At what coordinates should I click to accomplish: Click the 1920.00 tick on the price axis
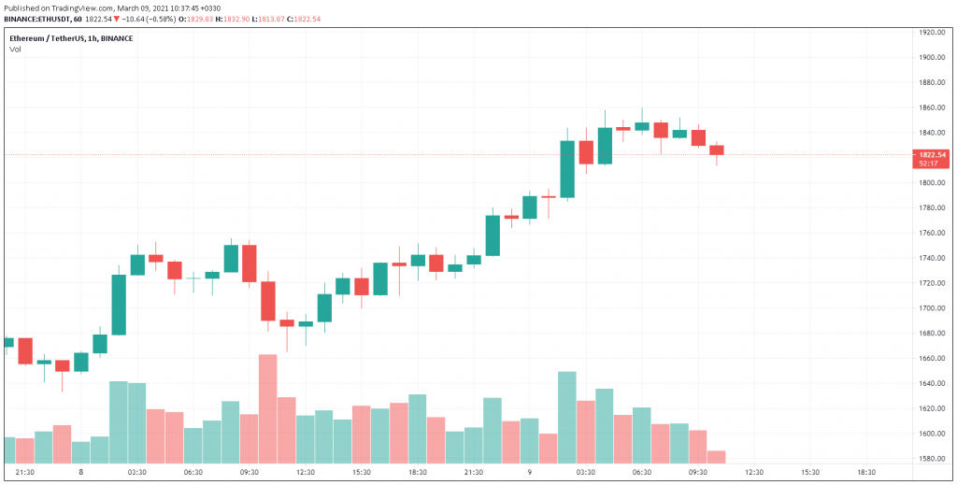click(934, 32)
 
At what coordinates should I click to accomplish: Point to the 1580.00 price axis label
click(934, 459)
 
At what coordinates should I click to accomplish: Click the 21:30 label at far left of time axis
click(25, 473)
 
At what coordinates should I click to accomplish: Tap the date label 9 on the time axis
click(530, 473)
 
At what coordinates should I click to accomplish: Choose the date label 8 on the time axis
click(81, 473)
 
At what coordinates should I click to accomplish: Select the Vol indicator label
click(15, 49)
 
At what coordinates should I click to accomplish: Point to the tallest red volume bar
click(268, 408)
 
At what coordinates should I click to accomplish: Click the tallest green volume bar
click(567, 417)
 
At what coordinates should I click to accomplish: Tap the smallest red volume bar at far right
click(717, 457)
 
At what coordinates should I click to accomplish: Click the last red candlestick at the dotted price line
click(717, 150)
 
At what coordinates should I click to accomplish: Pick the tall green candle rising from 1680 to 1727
click(119, 305)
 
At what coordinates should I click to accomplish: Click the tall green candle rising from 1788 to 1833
click(567, 169)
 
